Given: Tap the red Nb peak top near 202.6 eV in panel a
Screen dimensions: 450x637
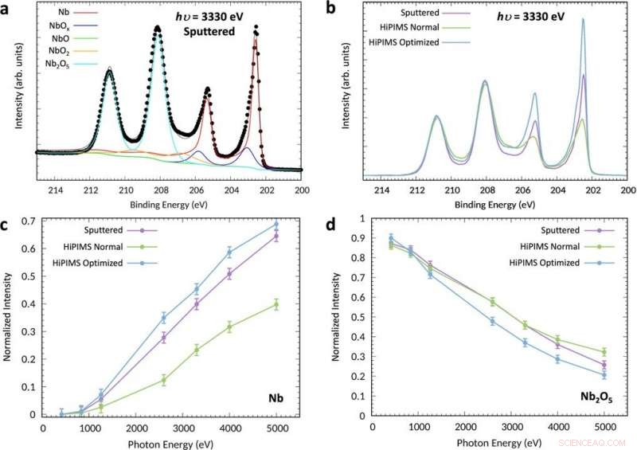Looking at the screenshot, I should (256, 27).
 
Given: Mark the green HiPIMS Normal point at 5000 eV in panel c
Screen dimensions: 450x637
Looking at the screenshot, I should (276, 303).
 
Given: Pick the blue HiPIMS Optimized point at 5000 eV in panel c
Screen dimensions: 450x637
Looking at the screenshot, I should (276, 224).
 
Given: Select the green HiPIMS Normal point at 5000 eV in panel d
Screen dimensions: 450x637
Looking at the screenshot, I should (604, 351).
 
